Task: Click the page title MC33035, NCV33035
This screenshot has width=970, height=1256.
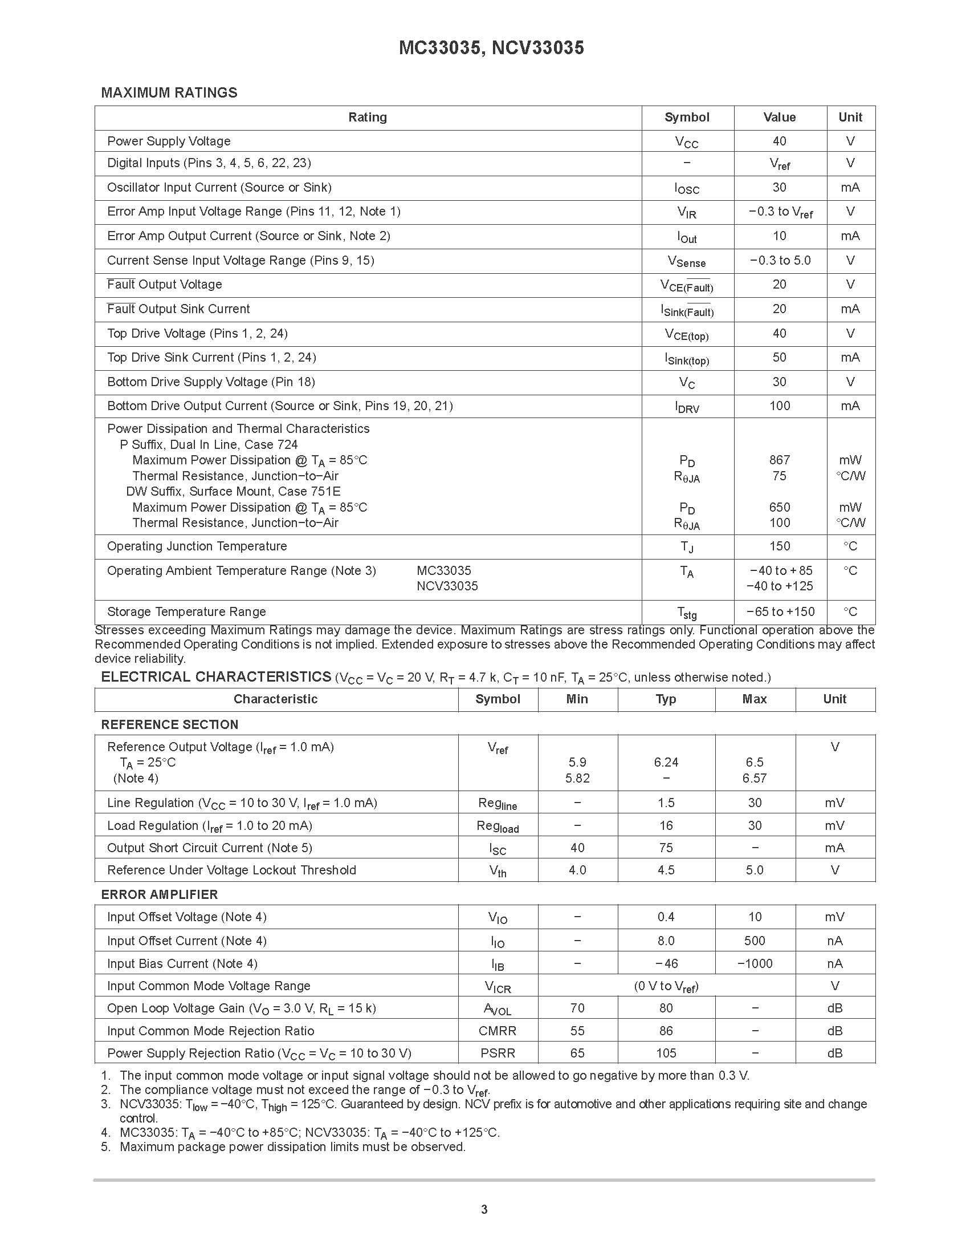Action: (x=491, y=48)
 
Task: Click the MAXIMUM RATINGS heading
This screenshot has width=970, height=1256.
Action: (x=169, y=92)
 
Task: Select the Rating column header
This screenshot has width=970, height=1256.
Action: (x=367, y=118)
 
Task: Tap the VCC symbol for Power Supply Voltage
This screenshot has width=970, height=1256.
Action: (x=687, y=142)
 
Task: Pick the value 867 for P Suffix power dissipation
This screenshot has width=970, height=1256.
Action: (x=779, y=460)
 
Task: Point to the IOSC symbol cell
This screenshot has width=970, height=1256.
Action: (x=687, y=189)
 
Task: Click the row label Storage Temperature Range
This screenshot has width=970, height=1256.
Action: (x=186, y=612)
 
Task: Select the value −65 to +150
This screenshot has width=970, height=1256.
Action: (x=780, y=612)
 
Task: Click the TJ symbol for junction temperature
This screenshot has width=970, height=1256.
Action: (x=687, y=547)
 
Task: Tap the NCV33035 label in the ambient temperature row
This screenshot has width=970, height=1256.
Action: (x=447, y=586)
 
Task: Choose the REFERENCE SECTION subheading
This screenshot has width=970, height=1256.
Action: (x=169, y=724)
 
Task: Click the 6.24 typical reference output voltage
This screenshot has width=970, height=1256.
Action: (x=666, y=763)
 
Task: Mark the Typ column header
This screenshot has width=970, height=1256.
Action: (x=666, y=699)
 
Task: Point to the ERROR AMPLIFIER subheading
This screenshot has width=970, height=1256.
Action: (x=159, y=895)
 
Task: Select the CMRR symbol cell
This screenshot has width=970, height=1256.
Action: (x=497, y=1031)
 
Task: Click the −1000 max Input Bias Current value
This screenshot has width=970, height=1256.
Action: (x=755, y=964)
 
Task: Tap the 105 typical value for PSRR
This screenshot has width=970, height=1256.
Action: (x=666, y=1054)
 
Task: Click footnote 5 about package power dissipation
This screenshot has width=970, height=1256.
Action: (x=292, y=1147)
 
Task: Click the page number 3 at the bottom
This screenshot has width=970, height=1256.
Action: (x=484, y=1210)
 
